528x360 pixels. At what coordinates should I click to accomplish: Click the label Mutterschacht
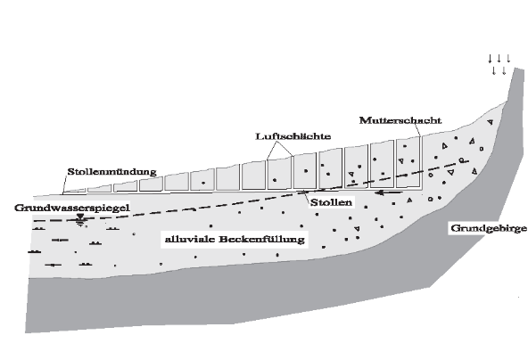pyautogui.click(x=400, y=120)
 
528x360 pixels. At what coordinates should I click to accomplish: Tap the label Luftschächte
pyautogui.click(x=293, y=136)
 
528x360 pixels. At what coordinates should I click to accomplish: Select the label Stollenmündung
pyautogui.click(x=112, y=172)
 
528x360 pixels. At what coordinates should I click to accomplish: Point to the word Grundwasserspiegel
pyautogui.click(x=72, y=208)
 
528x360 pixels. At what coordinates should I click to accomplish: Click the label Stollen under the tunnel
pyautogui.click(x=331, y=202)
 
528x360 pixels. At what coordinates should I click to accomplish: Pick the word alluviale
pyautogui.click(x=190, y=239)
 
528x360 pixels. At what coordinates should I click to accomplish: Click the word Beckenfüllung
pyautogui.click(x=262, y=239)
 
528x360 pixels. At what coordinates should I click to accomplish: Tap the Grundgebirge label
pyautogui.click(x=489, y=228)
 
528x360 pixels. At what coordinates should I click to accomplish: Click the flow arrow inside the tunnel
pyautogui.click(x=389, y=192)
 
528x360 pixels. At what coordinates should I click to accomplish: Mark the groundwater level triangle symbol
pyautogui.click(x=80, y=217)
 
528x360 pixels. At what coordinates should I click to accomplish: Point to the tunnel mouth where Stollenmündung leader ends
pyautogui.click(x=63, y=193)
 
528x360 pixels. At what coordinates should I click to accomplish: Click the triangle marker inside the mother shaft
pyautogui.click(x=400, y=160)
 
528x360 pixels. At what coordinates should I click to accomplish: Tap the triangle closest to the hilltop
pyautogui.click(x=491, y=122)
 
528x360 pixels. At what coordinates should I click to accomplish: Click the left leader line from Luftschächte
pyautogui.click(x=272, y=150)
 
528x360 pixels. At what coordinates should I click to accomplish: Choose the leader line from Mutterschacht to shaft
pyautogui.click(x=417, y=130)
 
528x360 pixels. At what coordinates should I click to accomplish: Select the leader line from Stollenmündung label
pyautogui.click(x=65, y=184)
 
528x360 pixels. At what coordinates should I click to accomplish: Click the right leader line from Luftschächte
pyautogui.click(x=285, y=149)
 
